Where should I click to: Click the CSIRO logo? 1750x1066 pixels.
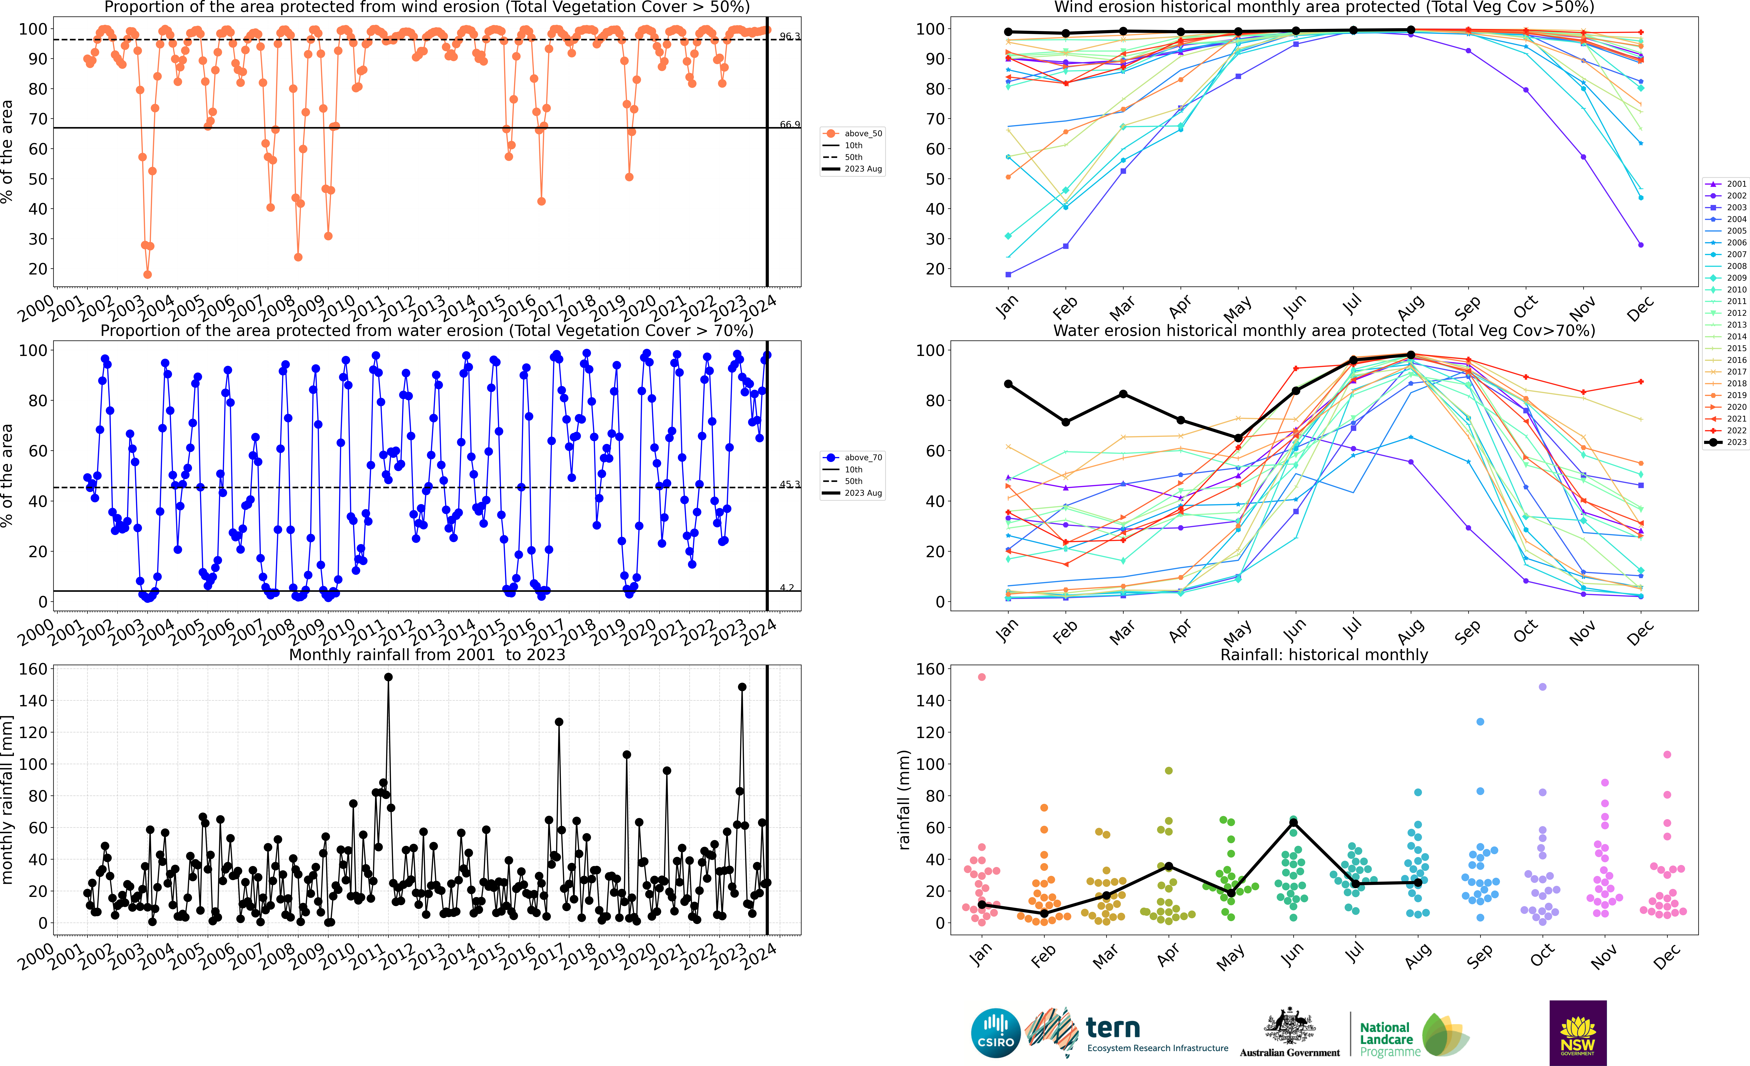pos(995,1033)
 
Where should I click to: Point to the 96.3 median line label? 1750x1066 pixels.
pos(789,36)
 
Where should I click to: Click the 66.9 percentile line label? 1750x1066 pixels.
pos(789,124)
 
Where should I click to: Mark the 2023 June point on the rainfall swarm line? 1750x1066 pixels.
pos(1293,822)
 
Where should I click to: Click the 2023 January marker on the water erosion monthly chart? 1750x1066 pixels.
pos(1008,384)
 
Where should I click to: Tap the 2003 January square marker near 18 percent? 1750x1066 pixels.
pos(1008,274)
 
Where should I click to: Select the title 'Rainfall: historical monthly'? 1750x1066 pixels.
pos(1324,655)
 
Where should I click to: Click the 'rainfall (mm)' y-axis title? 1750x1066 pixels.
pos(904,800)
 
